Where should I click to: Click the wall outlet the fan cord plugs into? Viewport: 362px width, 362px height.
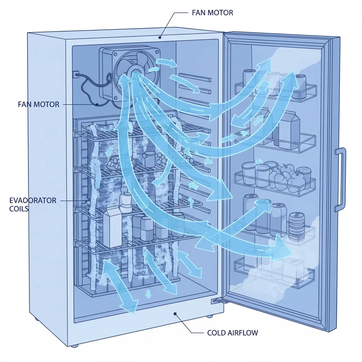[75, 75]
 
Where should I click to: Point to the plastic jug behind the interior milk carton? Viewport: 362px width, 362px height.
[125, 200]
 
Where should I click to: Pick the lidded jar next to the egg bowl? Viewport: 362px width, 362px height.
[150, 159]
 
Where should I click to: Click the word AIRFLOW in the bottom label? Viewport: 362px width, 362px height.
[244, 333]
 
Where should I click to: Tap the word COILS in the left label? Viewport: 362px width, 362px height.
[19, 209]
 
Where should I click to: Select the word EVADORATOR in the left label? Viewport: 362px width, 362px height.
[33, 201]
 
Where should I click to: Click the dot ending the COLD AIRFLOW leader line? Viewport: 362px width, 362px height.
[175, 314]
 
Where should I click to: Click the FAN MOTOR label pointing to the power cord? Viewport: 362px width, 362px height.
[38, 105]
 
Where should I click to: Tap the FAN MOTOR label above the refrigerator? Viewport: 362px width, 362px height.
[212, 13]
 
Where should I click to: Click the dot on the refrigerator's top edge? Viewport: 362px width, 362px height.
[160, 37]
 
